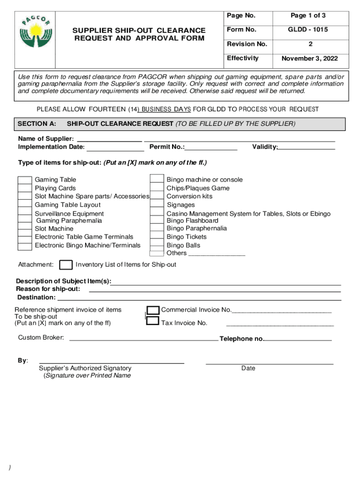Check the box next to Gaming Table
[x=25, y=180]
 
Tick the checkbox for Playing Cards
[x=25, y=189]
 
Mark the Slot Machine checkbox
[x=25, y=229]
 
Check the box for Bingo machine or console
[x=157, y=180]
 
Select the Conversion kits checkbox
[x=157, y=196]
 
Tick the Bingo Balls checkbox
[x=157, y=245]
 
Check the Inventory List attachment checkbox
[x=66, y=265]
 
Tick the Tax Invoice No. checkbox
[x=153, y=321]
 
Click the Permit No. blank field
[x=211, y=149]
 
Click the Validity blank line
[x=307, y=149]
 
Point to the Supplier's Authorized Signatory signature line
[x=111, y=362]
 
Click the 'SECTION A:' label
[x=37, y=123]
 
